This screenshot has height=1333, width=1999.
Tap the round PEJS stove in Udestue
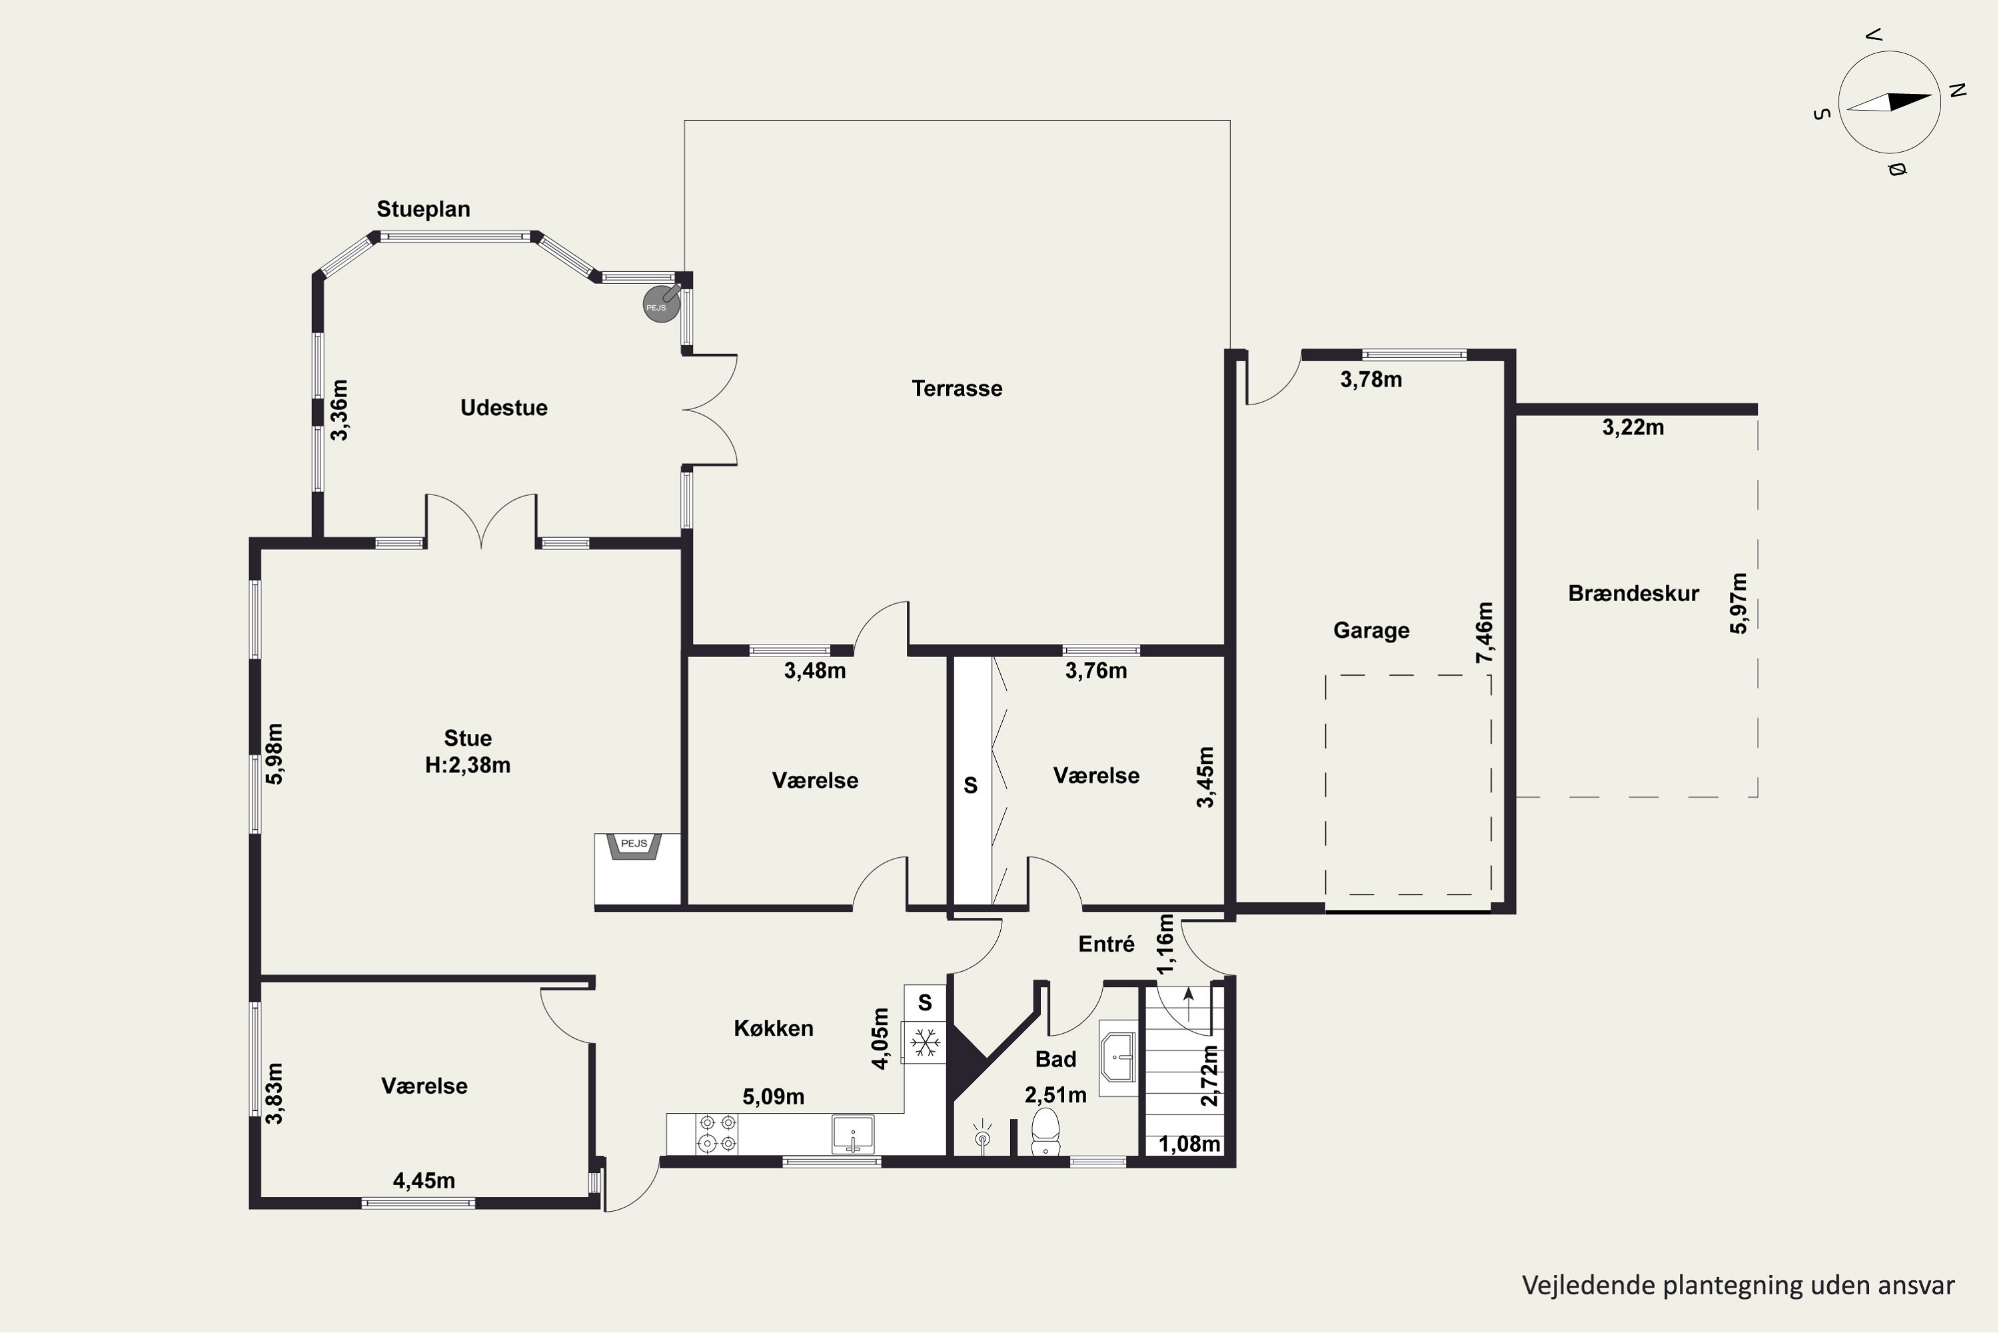660,305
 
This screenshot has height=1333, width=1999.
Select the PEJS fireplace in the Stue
634,848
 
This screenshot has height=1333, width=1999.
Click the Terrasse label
957,389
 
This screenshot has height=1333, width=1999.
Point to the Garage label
1371,631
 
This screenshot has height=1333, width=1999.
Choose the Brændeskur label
1633,593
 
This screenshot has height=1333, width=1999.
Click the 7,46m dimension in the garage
1484,633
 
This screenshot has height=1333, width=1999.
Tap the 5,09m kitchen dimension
774,1096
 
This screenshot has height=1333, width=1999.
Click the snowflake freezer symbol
925,1041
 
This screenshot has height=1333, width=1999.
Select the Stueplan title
423,209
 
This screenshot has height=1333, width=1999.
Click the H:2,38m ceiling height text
468,765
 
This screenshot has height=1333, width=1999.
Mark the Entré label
1105,944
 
